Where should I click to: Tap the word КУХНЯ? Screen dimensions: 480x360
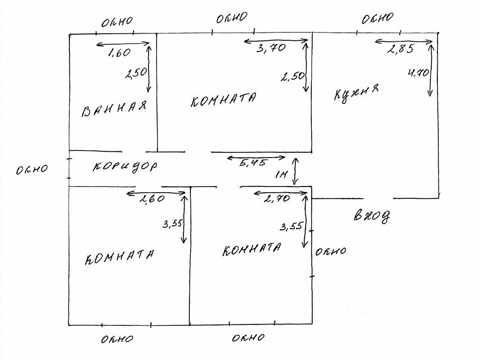(356, 94)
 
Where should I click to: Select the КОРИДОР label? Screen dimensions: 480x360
(125, 166)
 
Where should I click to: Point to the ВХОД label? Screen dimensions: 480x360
(372, 216)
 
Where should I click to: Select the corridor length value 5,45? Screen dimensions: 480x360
(253, 163)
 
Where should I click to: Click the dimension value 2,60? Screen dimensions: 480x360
(152, 199)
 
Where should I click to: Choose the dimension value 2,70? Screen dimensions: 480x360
(277, 199)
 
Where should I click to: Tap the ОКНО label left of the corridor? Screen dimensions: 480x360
(32, 170)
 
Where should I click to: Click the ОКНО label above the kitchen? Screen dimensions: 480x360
(377, 19)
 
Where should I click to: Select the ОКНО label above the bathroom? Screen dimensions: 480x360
(117, 21)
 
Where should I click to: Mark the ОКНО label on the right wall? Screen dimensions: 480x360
(331, 252)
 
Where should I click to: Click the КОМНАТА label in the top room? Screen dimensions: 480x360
(224, 100)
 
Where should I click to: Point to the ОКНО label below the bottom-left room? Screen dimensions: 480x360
(117, 339)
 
